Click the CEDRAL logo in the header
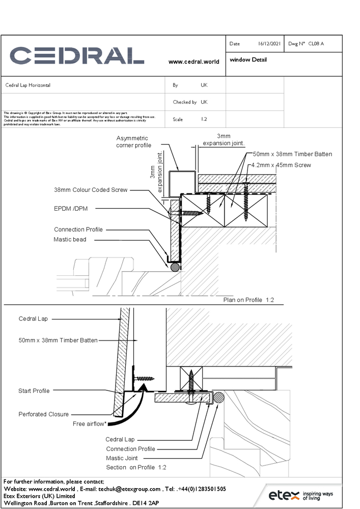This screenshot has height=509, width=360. pyautogui.click(x=77, y=55)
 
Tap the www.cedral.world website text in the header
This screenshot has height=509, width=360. pyautogui.click(x=193, y=62)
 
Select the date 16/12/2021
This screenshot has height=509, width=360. pyautogui.click(x=269, y=44)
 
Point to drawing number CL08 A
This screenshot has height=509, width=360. pyautogui.click(x=316, y=44)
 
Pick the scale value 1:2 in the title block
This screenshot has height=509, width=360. pyautogui.click(x=204, y=120)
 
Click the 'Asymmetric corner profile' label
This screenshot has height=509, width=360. pyautogui.click(x=133, y=142)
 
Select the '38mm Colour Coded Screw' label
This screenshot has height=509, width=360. pyautogui.click(x=91, y=190)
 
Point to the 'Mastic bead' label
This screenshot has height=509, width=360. pyautogui.click(x=70, y=239)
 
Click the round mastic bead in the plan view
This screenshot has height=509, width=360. pyautogui.click(x=175, y=267)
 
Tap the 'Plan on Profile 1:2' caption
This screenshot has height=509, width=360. pyautogui.click(x=248, y=300)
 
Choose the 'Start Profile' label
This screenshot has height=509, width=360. pyautogui.click(x=34, y=391)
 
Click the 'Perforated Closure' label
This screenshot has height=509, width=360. pyautogui.click(x=43, y=414)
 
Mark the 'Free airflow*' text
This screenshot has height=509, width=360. pyautogui.click(x=90, y=423)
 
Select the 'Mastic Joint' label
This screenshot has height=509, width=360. pyautogui.click(x=122, y=458)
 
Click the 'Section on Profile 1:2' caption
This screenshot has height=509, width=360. pyautogui.click(x=136, y=467)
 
